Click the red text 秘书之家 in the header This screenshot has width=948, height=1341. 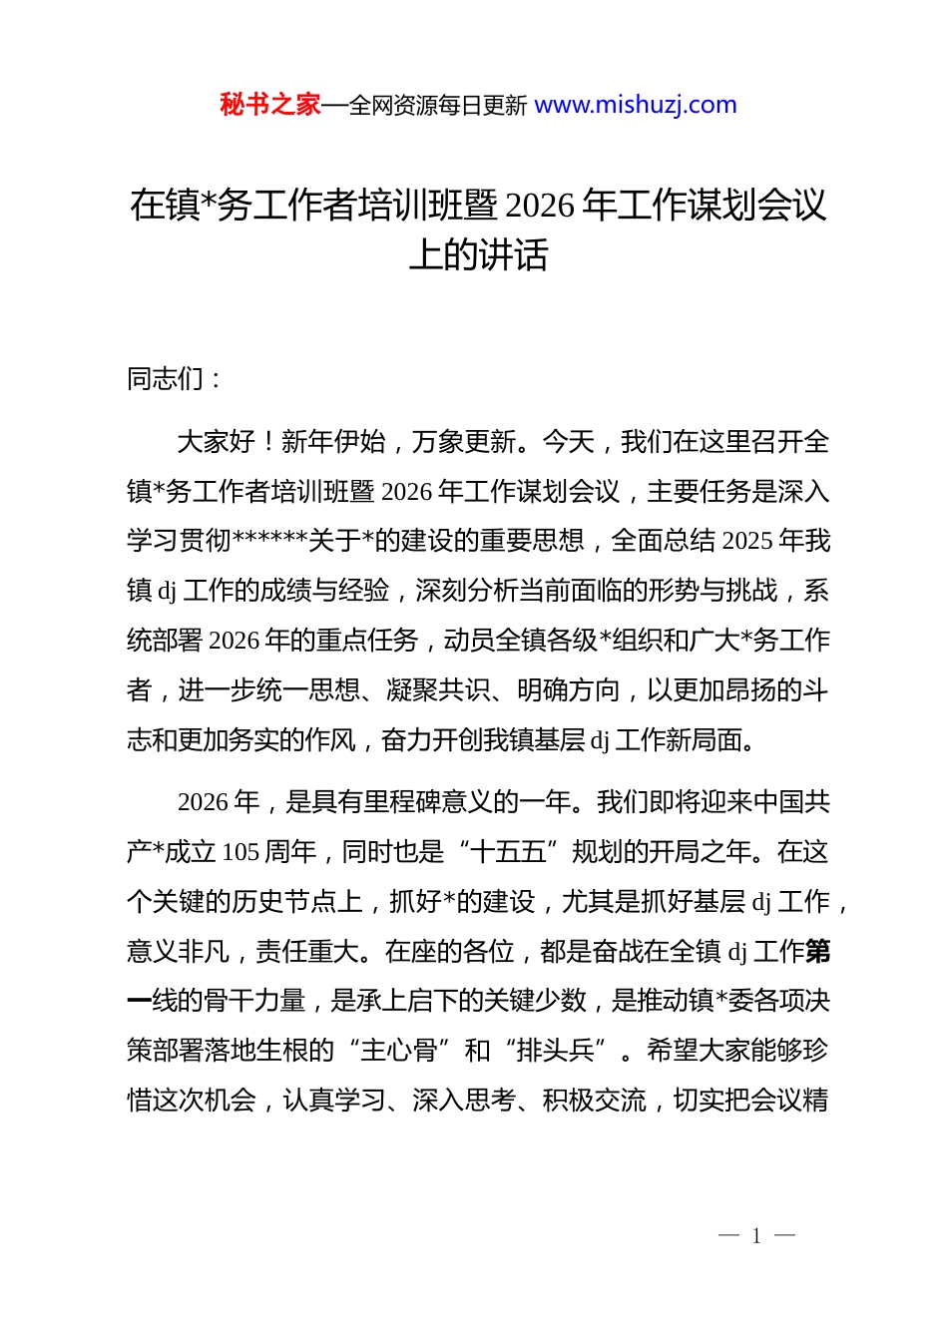pos(270,105)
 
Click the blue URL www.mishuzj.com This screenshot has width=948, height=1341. pos(636,105)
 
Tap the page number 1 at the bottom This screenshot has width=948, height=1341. pos(756,1236)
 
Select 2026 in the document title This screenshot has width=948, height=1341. pos(540,206)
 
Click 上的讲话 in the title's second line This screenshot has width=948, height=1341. pos(478,255)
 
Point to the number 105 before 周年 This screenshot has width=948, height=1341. pos(240,852)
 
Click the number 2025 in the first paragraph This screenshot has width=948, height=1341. pos(747,541)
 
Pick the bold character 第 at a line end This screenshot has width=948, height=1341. pos(817,952)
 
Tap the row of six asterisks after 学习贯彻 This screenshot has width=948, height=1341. pos(269,541)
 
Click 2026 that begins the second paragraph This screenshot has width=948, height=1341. pos(205,802)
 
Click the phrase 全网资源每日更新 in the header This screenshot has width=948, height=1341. pos(437,106)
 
